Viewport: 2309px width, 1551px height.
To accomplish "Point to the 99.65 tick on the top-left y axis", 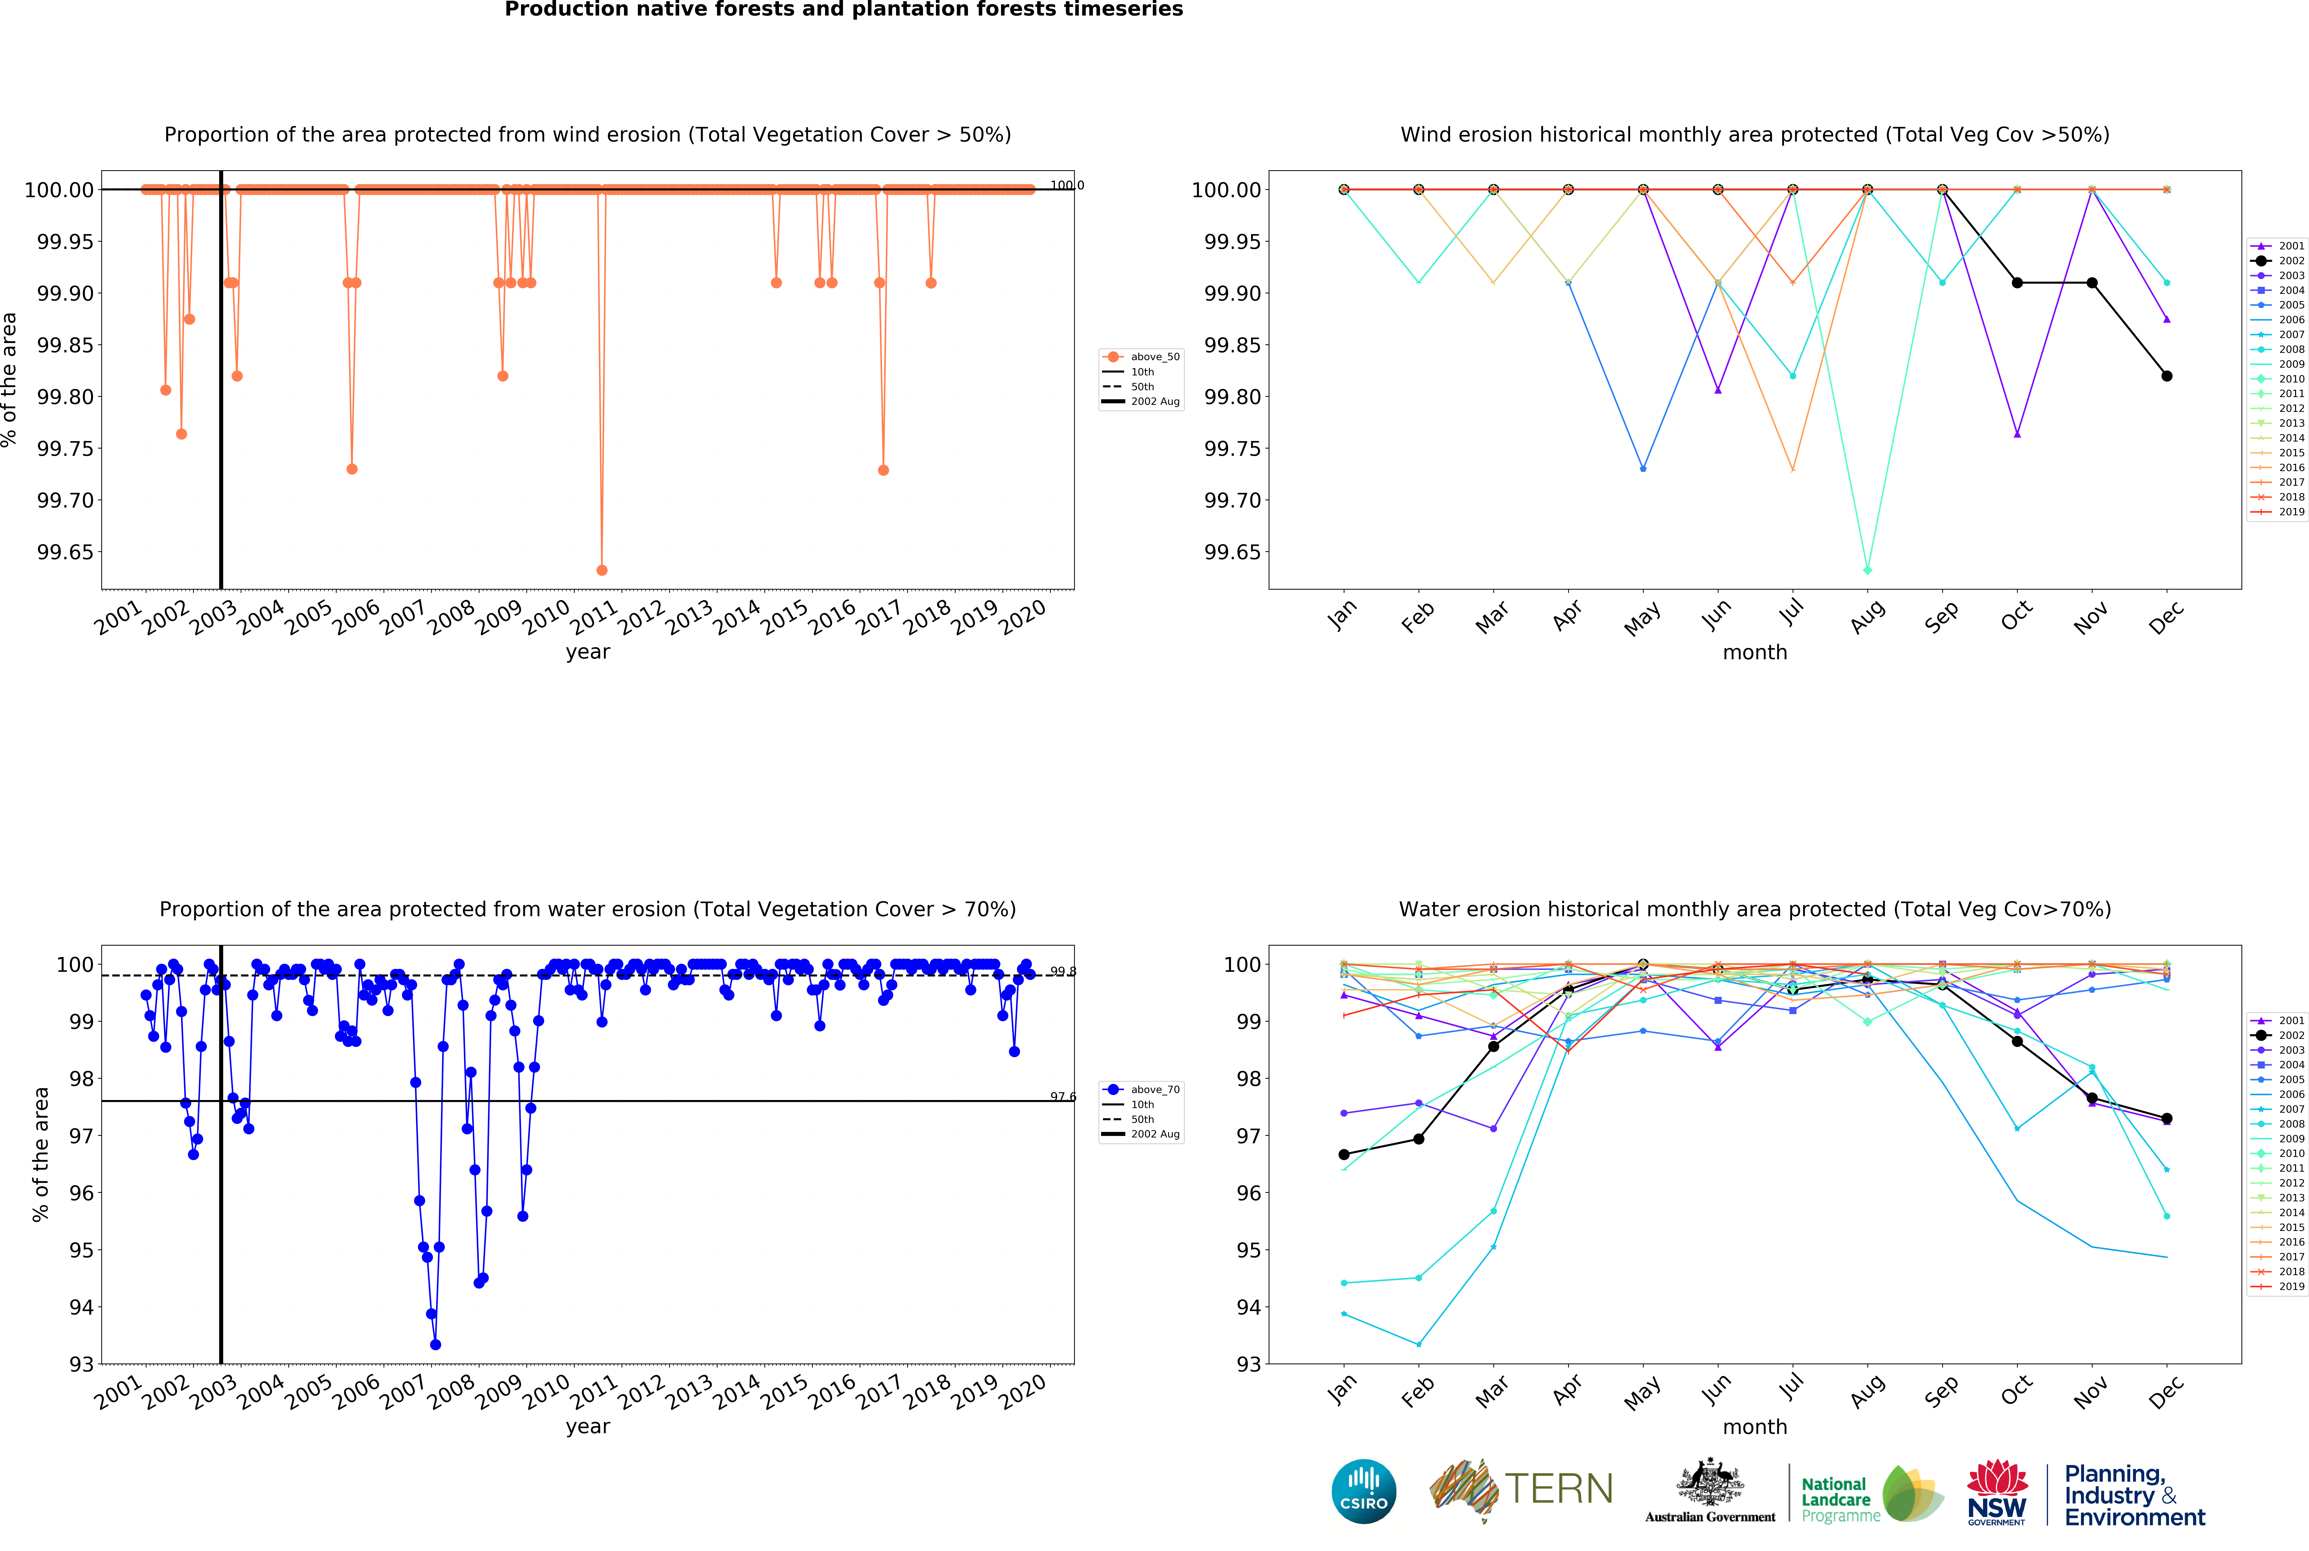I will [x=65, y=552].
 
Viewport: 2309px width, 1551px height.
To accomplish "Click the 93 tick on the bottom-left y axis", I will [x=81, y=1364].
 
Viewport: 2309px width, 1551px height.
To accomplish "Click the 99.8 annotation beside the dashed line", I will [x=1062, y=971].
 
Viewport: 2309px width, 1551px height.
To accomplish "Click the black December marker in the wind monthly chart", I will [x=2167, y=376].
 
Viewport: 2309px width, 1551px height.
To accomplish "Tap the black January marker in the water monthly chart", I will [x=1343, y=1154].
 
